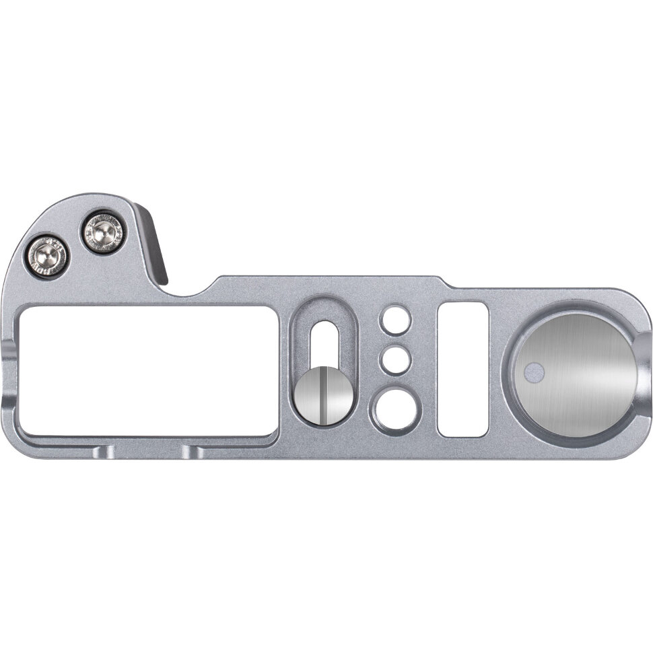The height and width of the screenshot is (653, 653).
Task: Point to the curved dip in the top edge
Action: (185, 291)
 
